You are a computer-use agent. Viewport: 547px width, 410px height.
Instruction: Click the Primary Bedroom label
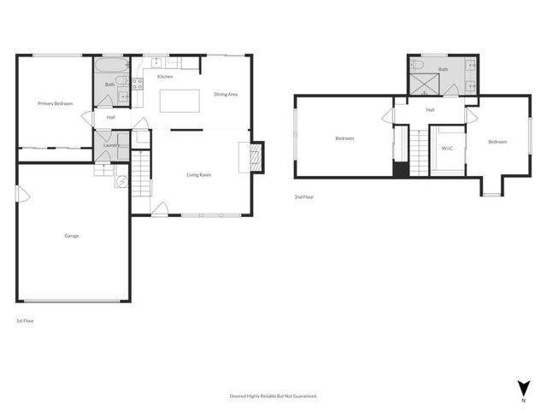pyautogui.click(x=55, y=103)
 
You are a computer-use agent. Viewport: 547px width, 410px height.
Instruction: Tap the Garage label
pyautogui.click(x=72, y=236)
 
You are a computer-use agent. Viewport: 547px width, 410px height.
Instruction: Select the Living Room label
pyautogui.click(x=199, y=175)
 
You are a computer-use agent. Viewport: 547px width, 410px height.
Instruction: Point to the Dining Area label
pyautogui.click(x=226, y=94)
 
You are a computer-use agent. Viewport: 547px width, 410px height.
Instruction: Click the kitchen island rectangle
pyautogui.click(x=178, y=99)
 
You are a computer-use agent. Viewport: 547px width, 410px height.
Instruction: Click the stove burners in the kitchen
pyautogui.click(x=136, y=82)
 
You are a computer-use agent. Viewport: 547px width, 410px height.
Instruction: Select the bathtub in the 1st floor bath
pyautogui.click(x=109, y=66)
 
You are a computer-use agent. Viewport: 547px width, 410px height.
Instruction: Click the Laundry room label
pyautogui.click(x=110, y=145)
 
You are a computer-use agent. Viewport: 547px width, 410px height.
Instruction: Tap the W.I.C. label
pyautogui.click(x=447, y=148)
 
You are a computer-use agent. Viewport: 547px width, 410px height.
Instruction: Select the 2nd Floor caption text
pyautogui.click(x=304, y=197)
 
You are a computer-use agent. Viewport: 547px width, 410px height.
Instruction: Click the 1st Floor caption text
pyautogui.click(x=26, y=320)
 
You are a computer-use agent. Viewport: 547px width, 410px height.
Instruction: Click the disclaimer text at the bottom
pyautogui.click(x=273, y=395)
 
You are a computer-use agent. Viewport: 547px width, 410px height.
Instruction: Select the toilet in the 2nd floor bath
pyautogui.click(x=415, y=64)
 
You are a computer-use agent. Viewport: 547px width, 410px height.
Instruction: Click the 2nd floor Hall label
pyautogui.click(x=430, y=110)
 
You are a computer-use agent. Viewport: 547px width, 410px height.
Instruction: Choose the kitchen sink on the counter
pyautogui.click(x=156, y=61)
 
